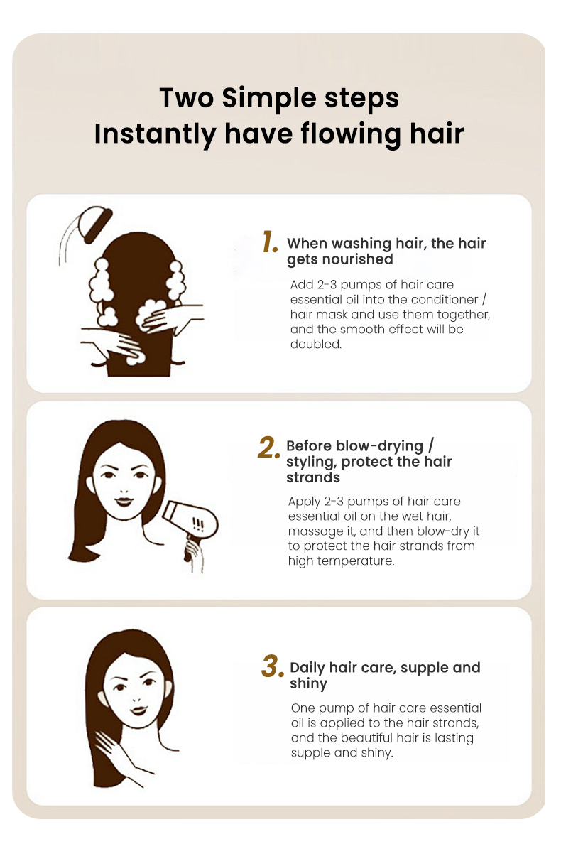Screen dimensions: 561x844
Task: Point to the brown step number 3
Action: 272,667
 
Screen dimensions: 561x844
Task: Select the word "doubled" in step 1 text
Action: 316,344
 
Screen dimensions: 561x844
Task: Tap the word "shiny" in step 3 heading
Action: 308,684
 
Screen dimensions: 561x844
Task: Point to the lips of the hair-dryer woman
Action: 124,501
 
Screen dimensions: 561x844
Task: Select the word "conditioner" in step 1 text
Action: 444,299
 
